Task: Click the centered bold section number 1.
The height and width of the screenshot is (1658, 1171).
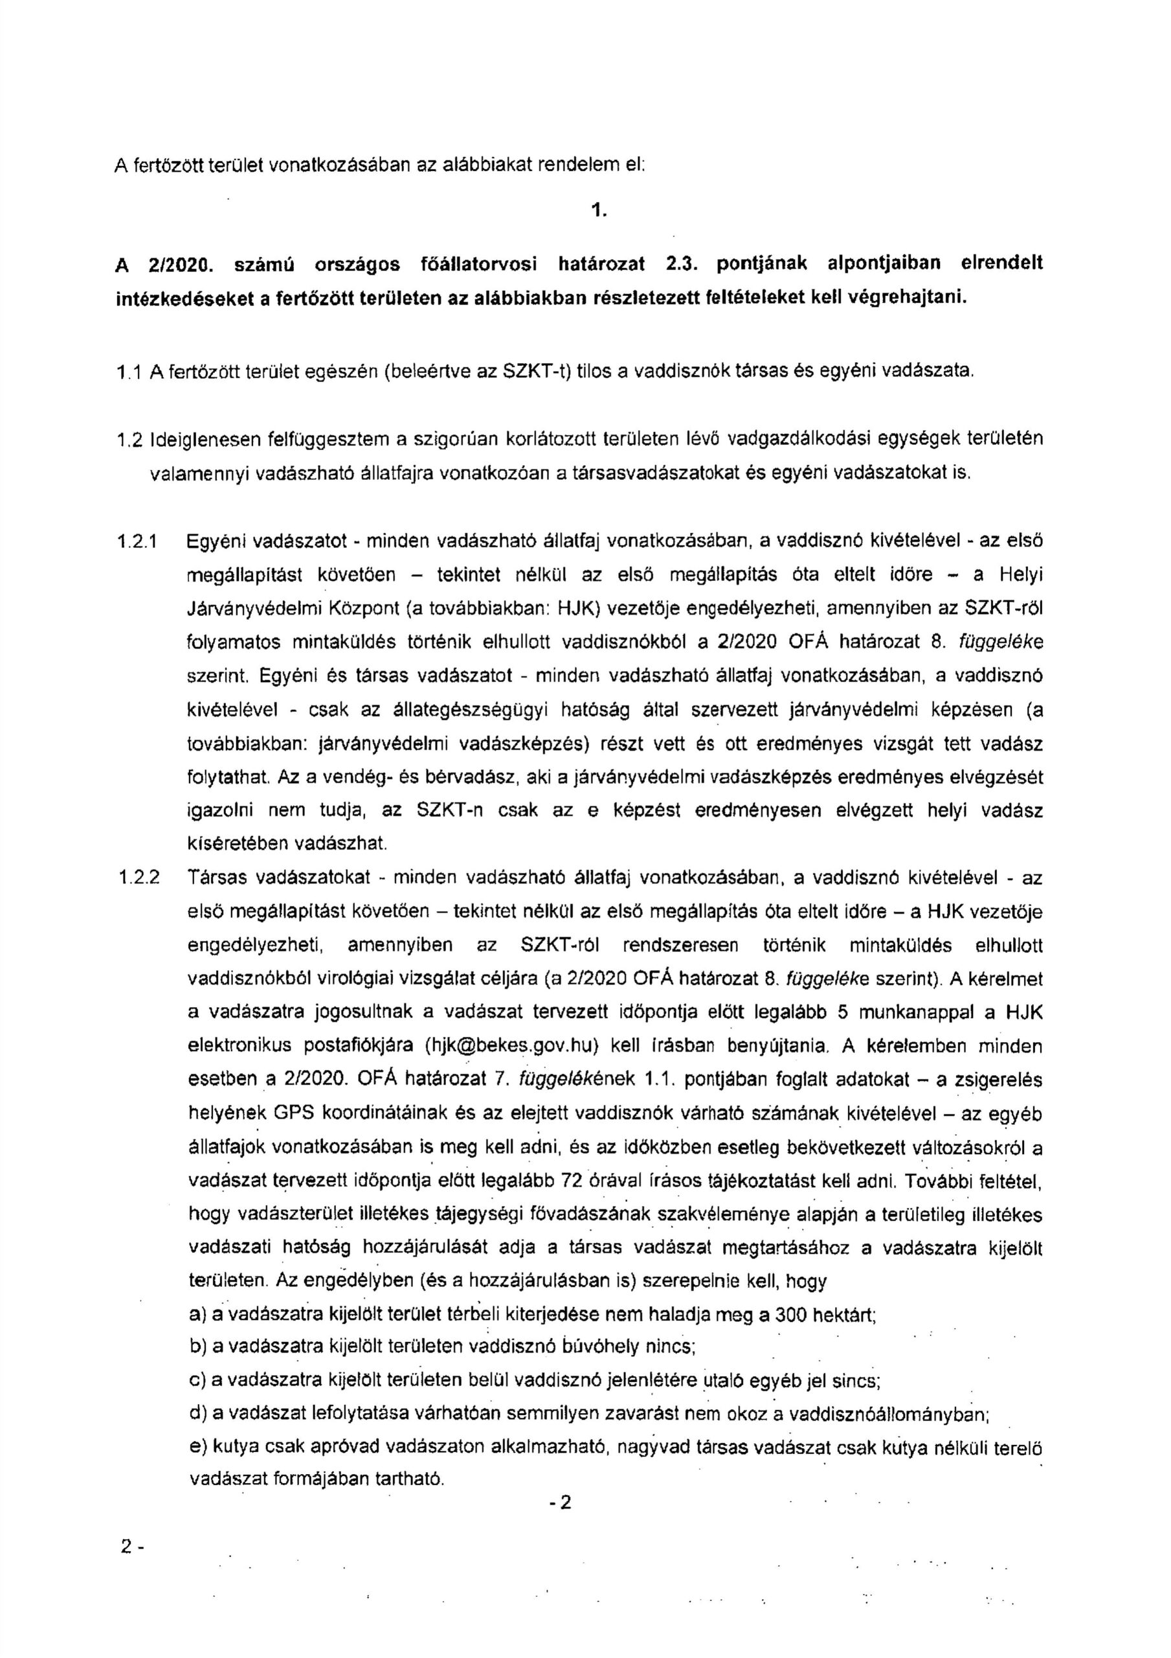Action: (596, 211)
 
